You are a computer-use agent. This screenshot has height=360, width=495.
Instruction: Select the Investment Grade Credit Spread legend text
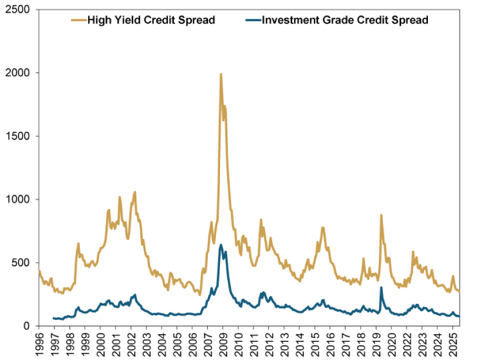345,21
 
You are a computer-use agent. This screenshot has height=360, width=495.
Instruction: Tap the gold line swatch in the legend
78,21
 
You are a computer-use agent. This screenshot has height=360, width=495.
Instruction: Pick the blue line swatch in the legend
252,21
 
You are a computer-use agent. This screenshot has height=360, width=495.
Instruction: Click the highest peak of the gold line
221,74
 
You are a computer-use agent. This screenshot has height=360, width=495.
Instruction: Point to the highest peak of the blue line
221,245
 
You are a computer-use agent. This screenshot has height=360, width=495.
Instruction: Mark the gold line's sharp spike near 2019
381,215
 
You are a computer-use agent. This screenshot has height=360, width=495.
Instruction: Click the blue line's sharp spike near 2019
381,287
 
